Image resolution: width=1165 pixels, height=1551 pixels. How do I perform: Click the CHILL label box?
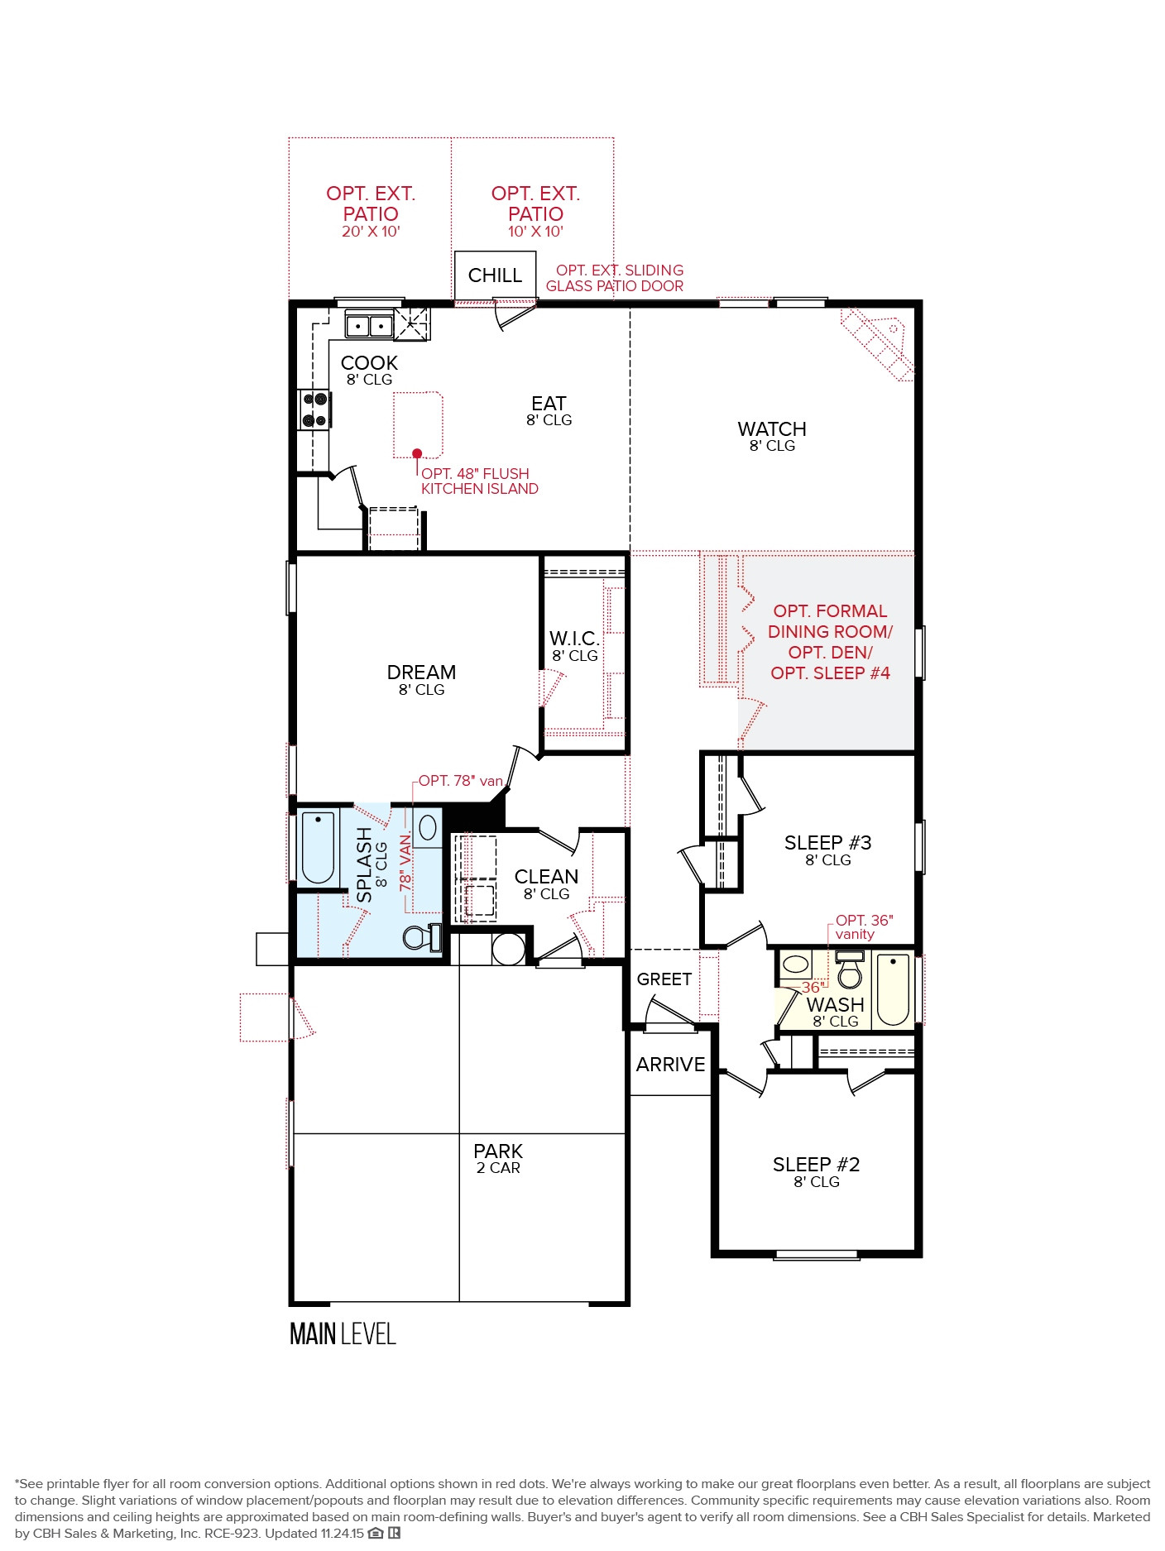pyautogui.click(x=495, y=275)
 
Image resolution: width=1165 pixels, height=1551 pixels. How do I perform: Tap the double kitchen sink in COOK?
pyautogui.click(x=368, y=325)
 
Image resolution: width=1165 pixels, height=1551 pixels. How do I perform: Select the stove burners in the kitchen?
pyautogui.click(x=314, y=409)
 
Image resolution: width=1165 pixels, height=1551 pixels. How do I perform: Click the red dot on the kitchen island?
pyautogui.click(x=417, y=453)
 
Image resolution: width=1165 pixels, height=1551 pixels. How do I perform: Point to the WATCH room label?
pyautogui.click(x=771, y=430)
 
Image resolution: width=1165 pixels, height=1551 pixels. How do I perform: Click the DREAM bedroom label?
pyautogui.click(x=421, y=673)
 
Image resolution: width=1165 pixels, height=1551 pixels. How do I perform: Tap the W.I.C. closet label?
pyautogui.click(x=574, y=639)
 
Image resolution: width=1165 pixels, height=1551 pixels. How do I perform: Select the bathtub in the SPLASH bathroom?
pyautogui.click(x=318, y=848)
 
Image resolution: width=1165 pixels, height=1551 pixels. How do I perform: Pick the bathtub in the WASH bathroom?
pyautogui.click(x=893, y=989)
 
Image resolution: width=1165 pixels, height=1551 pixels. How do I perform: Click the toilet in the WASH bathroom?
pyautogui.click(x=849, y=972)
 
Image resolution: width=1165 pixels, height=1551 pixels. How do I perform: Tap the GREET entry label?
pyautogui.click(x=664, y=979)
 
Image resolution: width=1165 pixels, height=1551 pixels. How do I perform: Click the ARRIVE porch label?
pyautogui.click(x=670, y=1065)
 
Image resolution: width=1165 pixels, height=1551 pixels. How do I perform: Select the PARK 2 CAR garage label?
pyautogui.click(x=498, y=1157)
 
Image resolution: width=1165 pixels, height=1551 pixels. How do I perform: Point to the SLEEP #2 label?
pyautogui.click(x=816, y=1166)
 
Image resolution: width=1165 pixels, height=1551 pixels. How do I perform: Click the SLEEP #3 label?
pyautogui.click(x=827, y=844)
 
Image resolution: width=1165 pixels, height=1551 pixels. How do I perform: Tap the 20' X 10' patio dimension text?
pyautogui.click(x=371, y=232)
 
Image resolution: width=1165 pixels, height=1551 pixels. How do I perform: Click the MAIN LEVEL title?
pyautogui.click(x=343, y=1333)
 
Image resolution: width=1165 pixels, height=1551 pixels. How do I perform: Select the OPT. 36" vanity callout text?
pyautogui.click(x=863, y=927)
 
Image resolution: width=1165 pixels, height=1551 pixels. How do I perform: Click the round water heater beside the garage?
pyautogui.click(x=508, y=949)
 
